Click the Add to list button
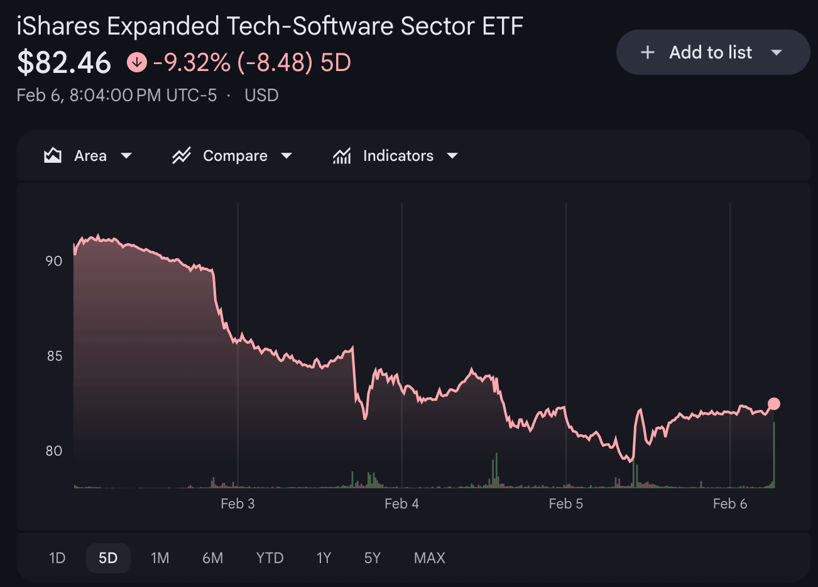(712, 53)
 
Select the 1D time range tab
(57, 558)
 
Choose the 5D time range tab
(108, 558)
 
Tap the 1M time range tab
(160, 558)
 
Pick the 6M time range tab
(212, 558)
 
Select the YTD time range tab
(270, 558)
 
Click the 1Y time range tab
(324, 558)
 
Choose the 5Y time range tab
(373, 558)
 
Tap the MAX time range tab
(430, 558)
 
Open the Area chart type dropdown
(88, 156)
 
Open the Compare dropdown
(232, 156)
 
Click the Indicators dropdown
(395, 156)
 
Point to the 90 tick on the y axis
(54, 261)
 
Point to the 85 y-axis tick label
(54, 356)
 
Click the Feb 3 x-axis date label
(237, 503)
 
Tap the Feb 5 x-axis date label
(565, 503)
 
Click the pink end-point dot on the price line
(774, 403)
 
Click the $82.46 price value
(64, 62)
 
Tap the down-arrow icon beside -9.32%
(136, 62)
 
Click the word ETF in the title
(503, 26)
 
